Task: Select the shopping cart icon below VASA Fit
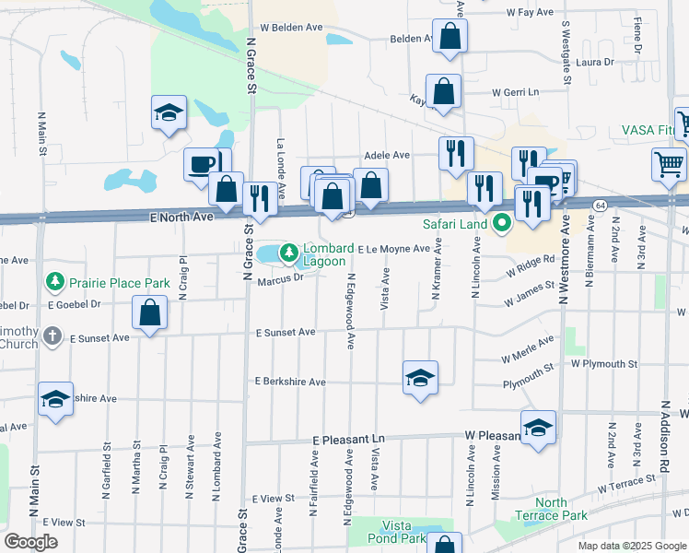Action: pyautogui.click(x=670, y=164)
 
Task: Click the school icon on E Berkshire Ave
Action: pyautogui.click(x=419, y=378)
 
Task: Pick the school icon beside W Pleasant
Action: pyautogui.click(x=538, y=428)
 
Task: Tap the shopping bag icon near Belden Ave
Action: pyautogui.click(x=450, y=37)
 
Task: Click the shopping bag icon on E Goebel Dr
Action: pyautogui.click(x=150, y=313)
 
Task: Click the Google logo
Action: pyautogui.click(x=31, y=542)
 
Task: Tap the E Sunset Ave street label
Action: pyautogui.click(x=286, y=332)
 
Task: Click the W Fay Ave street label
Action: pyautogui.click(x=529, y=14)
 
